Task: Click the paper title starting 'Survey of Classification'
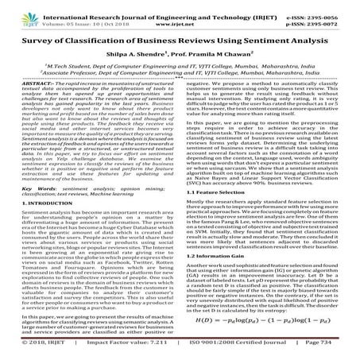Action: (180, 38)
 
